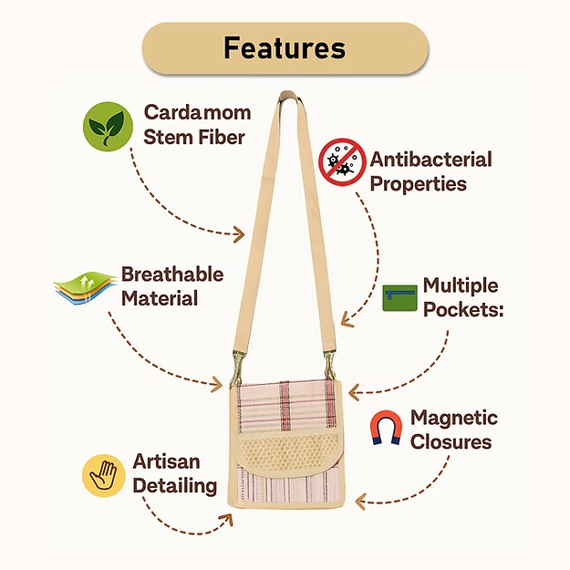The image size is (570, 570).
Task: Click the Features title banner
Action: point(285,47)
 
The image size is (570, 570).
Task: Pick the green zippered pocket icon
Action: point(399,297)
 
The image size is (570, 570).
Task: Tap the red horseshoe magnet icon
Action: point(386,428)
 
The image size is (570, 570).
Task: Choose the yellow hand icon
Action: point(103,475)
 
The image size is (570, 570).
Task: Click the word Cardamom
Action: point(197,113)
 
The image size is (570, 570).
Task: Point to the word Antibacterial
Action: point(430,159)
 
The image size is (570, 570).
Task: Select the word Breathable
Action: point(172,275)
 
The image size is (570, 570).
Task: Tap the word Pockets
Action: point(463,309)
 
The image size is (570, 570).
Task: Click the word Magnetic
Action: point(454,418)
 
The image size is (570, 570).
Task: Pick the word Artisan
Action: point(166,461)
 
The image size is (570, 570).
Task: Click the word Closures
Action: point(451,442)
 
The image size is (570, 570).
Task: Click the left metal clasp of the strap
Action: point(239,362)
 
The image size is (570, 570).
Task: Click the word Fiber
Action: point(221,138)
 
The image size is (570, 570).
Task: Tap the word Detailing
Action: point(175,485)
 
